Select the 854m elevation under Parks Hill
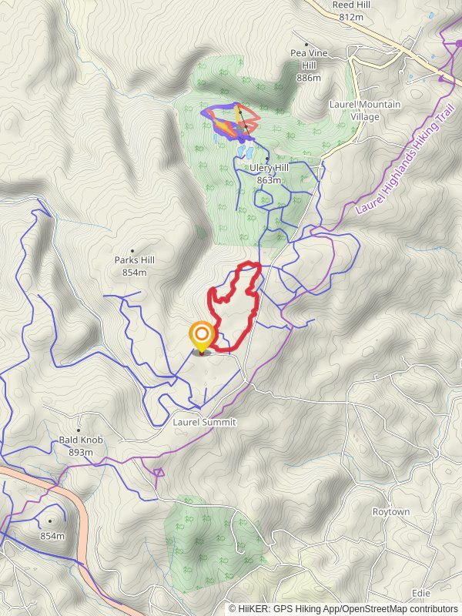click(134, 273)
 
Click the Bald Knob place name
click(81, 440)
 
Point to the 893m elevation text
click(81, 452)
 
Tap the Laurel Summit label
click(204, 423)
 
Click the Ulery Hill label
click(269, 168)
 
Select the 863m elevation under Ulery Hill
click(269, 179)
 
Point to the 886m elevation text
click(307, 78)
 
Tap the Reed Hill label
click(350, 5)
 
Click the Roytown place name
click(391, 512)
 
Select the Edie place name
click(421, 593)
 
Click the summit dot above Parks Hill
click(132, 251)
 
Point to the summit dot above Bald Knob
click(79, 430)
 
